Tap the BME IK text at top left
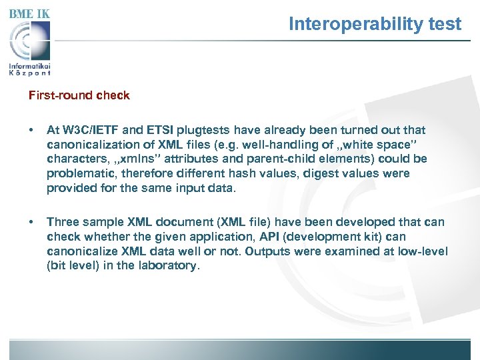[x=29, y=13]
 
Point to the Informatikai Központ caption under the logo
[x=30, y=69]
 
